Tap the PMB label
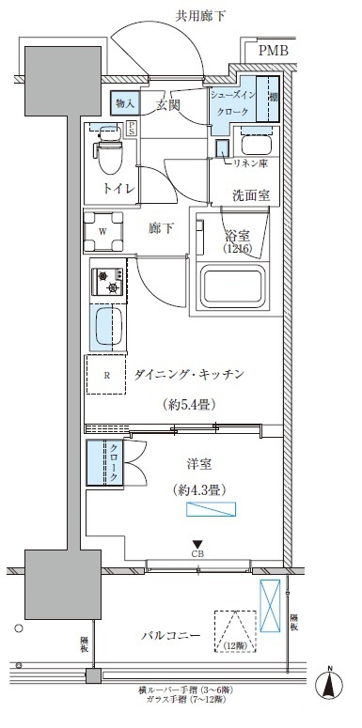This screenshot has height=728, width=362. click(275, 51)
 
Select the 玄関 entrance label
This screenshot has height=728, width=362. click(168, 102)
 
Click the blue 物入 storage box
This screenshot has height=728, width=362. click(127, 102)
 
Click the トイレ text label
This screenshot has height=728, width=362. click(118, 189)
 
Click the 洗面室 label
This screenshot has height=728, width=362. click(252, 195)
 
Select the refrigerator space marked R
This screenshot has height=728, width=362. click(107, 377)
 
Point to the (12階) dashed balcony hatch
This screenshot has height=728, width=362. click(235, 630)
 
